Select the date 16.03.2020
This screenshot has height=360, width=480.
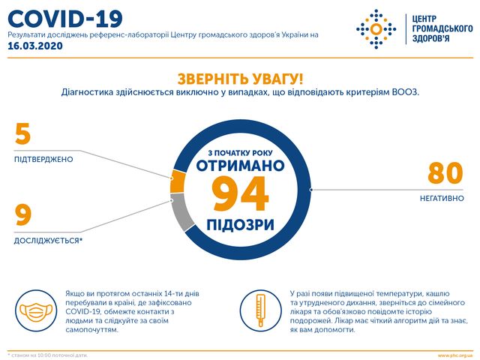pos(35,46)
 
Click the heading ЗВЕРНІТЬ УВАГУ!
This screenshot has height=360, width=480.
pos(239,78)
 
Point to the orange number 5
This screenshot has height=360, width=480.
pos(23,134)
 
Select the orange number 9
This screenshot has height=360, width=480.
pos(23,216)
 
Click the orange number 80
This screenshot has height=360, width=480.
pos(446,173)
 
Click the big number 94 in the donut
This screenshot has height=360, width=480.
pos(240,195)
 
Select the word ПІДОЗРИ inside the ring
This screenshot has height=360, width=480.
pos(240,224)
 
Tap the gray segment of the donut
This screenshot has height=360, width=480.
pos(180,212)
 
